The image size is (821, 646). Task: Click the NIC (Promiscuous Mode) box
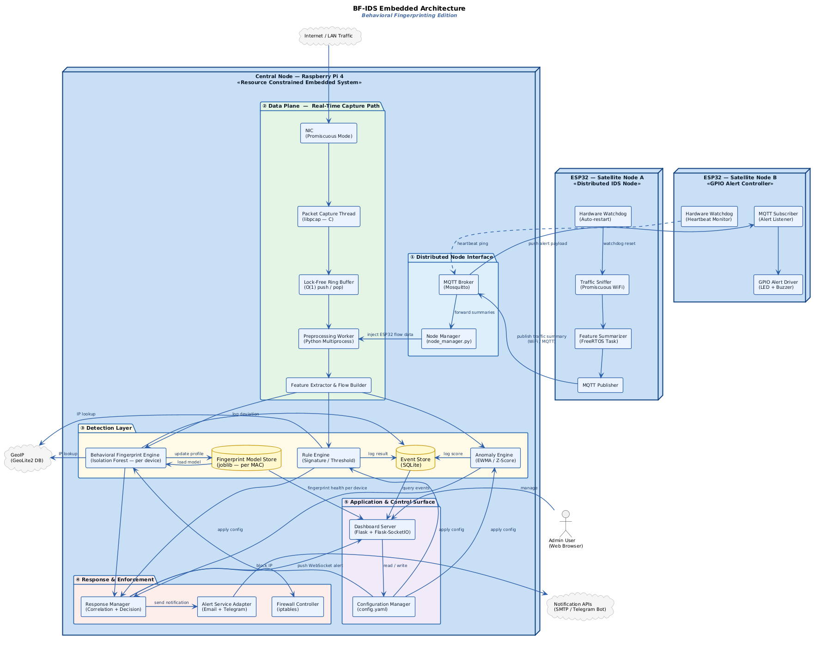point(328,133)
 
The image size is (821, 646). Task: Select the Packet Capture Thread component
point(328,216)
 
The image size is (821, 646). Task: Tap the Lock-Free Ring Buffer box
point(328,285)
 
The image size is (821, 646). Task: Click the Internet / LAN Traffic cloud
point(328,36)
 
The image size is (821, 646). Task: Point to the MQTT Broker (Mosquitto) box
point(458,285)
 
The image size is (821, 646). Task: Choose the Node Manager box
point(448,339)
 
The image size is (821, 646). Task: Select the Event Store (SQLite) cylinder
point(415,458)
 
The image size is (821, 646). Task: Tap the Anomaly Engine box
point(495,457)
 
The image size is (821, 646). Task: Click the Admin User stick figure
point(565,522)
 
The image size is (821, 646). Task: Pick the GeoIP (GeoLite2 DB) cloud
point(27,457)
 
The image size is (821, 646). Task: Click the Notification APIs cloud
point(580,606)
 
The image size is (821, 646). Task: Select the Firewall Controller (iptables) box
point(298,606)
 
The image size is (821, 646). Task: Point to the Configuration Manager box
point(383,606)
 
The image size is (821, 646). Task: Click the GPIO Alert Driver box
point(778,285)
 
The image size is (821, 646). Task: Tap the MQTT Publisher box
point(600,385)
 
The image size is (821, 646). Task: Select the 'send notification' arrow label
point(171,603)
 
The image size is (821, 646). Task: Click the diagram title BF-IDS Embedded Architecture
point(409,8)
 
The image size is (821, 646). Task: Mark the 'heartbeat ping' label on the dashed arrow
point(472,244)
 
